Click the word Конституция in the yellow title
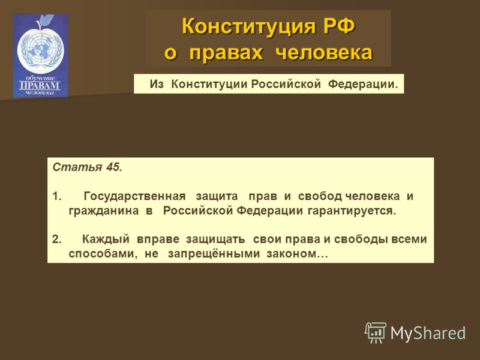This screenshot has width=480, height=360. click(x=248, y=26)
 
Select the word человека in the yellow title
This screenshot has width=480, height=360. click(x=324, y=53)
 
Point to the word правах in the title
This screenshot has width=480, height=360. click(x=226, y=53)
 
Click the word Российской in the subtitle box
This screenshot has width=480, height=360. click(x=286, y=84)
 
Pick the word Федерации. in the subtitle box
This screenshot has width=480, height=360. click(x=363, y=84)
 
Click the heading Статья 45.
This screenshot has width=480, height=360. click(x=87, y=167)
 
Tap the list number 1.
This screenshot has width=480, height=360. click(x=57, y=196)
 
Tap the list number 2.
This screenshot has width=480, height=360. click(x=57, y=239)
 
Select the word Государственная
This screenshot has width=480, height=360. click(x=134, y=196)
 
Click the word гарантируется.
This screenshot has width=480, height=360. click(x=352, y=211)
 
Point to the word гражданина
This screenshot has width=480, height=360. click(x=103, y=211)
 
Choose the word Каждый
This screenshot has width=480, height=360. click(x=106, y=239)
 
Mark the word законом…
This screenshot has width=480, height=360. click(x=297, y=254)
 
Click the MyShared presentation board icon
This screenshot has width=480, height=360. click(x=376, y=332)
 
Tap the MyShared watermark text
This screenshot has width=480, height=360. click(x=428, y=333)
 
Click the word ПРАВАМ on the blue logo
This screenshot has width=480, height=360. click(x=39, y=85)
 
